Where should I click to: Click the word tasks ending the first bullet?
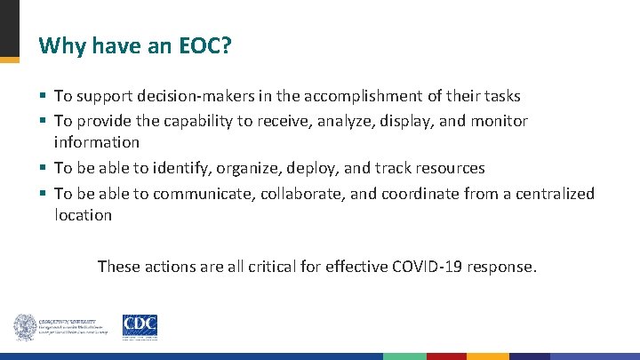pos(500,95)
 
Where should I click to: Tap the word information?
pos(96,142)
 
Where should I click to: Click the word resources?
pos(452,168)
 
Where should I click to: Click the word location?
pos(83,215)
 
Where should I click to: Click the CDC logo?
pos(140,327)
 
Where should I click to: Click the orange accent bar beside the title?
pos(9,60)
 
